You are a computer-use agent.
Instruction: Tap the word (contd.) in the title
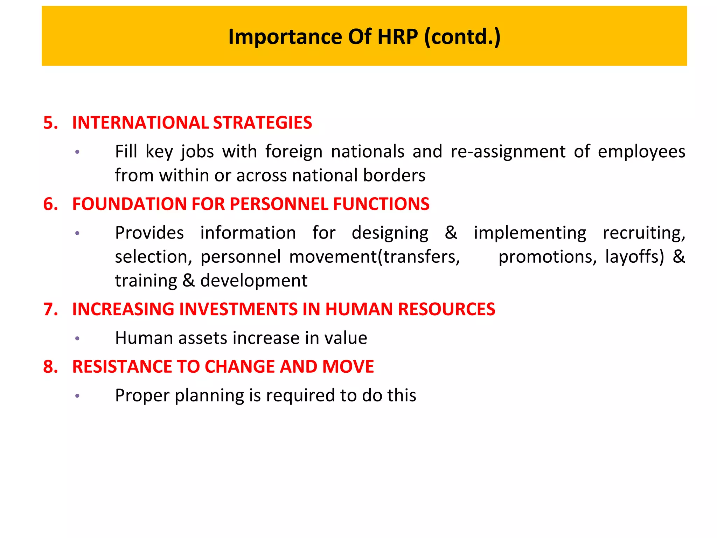[x=462, y=36]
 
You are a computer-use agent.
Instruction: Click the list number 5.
[x=50, y=123]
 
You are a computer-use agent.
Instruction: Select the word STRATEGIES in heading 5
[x=262, y=123]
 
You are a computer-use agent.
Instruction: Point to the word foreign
[x=294, y=152]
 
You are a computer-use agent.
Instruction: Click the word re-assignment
[x=508, y=152]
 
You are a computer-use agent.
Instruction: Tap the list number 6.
[x=50, y=204]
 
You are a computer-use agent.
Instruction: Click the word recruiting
[x=643, y=233]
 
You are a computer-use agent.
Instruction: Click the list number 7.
[x=50, y=309]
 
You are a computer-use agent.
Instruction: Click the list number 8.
[x=50, y=367]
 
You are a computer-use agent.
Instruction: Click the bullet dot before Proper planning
[x=77, y=396]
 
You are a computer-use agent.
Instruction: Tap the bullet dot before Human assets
[x=77, y=338]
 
